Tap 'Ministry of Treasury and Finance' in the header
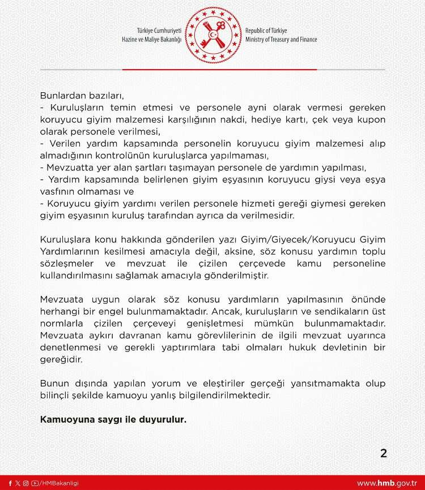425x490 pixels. coord(281,40)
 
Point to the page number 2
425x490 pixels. coord(384,453)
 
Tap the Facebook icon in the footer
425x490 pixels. coord(10,483)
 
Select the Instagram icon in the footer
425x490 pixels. coord(25,483)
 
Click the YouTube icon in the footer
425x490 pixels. coord(35,483)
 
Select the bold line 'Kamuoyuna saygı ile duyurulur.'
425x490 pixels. coord(113,420)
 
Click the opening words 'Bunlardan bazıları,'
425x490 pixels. coord(82,95)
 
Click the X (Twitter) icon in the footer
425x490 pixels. coord(18,483)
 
